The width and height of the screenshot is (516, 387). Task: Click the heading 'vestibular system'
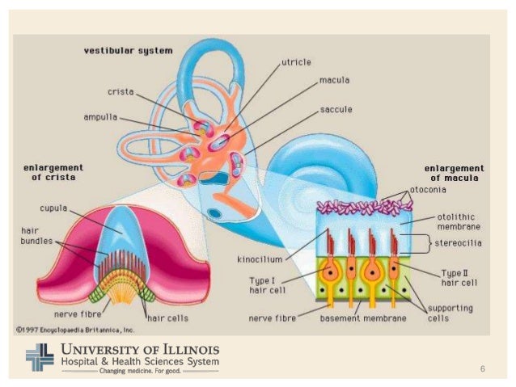(x=128, y=51)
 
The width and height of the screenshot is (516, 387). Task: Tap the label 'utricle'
(x=297, y=61)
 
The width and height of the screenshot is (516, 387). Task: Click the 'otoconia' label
(x=430, y=190)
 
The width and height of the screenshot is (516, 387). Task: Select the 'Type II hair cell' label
(x=462, y=279)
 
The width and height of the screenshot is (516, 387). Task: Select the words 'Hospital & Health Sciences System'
(x=139, y=361)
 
